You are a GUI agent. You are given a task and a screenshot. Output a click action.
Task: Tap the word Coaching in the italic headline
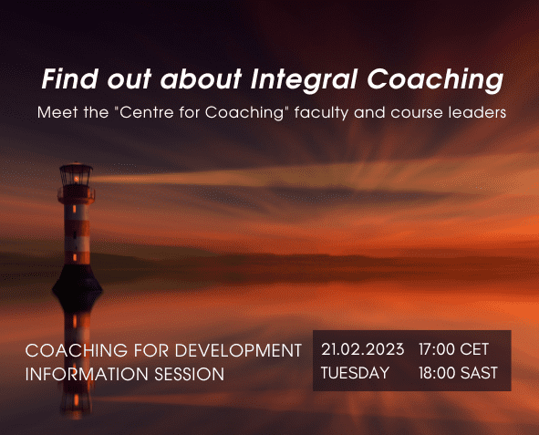435,80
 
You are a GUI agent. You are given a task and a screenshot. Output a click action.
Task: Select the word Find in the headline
70,78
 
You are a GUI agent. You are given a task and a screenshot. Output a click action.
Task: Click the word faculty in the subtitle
321,113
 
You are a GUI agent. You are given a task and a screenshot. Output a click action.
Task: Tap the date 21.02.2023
363,349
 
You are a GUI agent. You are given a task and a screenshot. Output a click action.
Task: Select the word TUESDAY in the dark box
355,373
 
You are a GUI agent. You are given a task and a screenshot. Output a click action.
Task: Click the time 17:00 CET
453,349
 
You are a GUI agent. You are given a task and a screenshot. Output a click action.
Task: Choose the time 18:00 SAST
458,373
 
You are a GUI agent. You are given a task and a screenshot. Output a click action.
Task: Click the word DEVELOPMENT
238,351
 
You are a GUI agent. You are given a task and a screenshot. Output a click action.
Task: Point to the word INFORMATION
87,374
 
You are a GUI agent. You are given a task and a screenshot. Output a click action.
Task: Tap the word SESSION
190,374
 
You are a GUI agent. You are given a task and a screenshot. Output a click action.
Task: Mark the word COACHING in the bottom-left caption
77,351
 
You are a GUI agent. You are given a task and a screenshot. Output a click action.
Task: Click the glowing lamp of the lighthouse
77,179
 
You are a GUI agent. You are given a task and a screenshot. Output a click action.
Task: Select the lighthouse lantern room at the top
76,174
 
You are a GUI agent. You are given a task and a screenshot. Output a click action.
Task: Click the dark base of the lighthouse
78,280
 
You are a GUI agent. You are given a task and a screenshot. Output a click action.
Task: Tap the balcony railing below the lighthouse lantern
76,195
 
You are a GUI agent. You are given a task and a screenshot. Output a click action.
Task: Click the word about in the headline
201,78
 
